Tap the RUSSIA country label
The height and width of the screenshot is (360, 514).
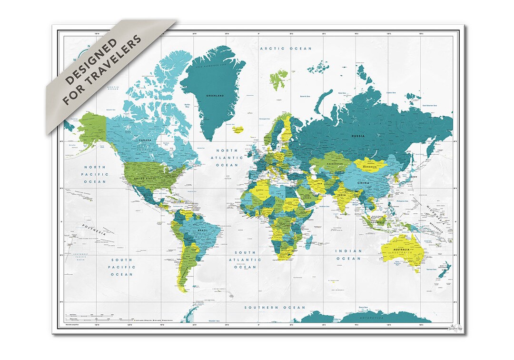pyautogui.click(x=358, y=136)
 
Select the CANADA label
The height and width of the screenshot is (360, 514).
pyautogui.click(x=145, y=140)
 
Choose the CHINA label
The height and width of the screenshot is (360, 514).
pyautogui.click(x=363, y=183)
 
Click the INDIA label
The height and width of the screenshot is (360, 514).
pyautogui.click(x=342, y=195)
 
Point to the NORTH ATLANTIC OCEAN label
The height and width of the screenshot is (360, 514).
pyautogui.click(x=227, y=157)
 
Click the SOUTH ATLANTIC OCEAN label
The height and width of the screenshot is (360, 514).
pyautogui.click(x=245, y=260)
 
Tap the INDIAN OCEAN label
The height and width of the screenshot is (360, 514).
pyautogui.click(x=348, y=254)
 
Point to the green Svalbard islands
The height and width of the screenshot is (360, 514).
pyautogui.click(x=278, y=80)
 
